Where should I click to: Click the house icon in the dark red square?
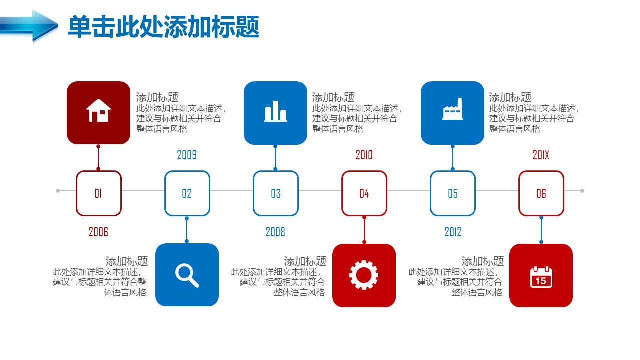98,111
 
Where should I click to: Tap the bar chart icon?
275,111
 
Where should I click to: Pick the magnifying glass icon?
187,275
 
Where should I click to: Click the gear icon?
364,275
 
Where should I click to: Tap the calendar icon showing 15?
541,277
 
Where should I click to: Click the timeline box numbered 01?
99,193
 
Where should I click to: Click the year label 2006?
98,232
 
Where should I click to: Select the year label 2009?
187,155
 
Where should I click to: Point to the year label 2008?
275,232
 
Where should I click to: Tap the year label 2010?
364,155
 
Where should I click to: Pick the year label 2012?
453,232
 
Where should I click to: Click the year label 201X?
541,155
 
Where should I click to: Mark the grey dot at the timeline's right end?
582,191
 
